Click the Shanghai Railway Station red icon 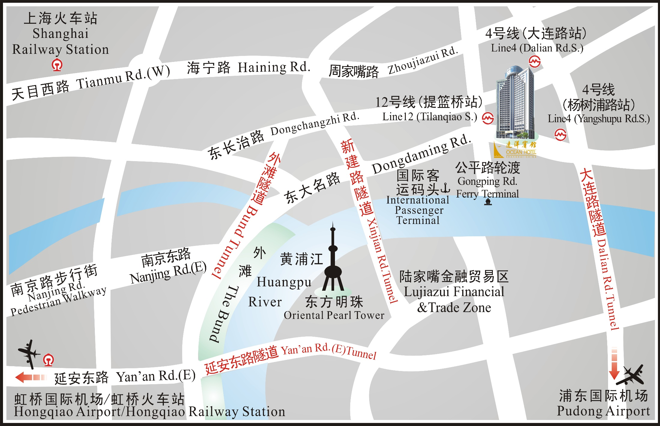pos(57,65)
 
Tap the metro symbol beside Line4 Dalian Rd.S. pos(535,62)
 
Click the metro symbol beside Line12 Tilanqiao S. pos(488,118)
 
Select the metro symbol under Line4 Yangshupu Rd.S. pos(560,135)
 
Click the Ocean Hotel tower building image pos(515,102)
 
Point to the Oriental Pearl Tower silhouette pos(333,265)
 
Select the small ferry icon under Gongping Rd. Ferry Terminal pos(488,202)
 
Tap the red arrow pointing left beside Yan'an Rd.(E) pos(30,377)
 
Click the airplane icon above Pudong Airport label pos(631,375)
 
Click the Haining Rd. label pos(274,67)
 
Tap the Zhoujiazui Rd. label pos(423,61)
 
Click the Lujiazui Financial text pos(454,292)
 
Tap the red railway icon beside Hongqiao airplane pos(49,360)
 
